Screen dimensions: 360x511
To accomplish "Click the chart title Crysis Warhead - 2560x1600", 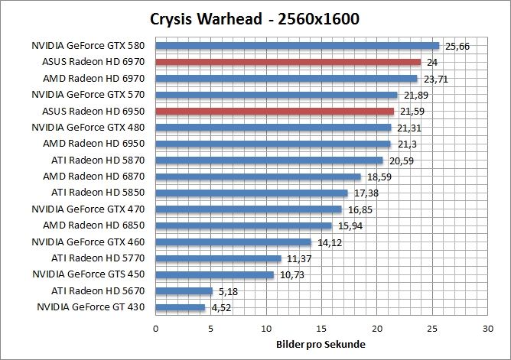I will point(255,18).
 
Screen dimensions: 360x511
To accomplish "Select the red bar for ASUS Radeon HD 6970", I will point(288,62).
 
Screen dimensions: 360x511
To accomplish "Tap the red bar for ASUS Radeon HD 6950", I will point(275,111).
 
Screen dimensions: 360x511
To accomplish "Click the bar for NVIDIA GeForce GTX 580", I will point(298,46).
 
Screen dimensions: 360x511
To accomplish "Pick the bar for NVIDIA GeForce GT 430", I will point(181,307).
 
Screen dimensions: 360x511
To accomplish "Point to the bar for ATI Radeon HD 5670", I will point(184,290).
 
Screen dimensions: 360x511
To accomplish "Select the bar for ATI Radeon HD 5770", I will point(219,258).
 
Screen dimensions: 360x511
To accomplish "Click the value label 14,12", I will point(329,242).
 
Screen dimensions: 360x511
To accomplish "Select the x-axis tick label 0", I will point(156,328).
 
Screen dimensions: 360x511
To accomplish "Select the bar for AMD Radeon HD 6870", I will point(258,177).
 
